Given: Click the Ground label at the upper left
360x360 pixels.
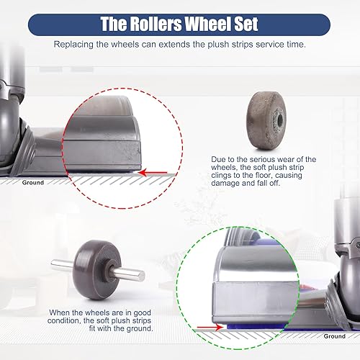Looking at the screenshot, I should [x=33, y=182].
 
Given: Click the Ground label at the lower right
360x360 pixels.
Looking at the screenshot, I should [x=334, y=336].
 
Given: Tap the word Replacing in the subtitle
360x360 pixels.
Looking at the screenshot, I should [x=75, y=45].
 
